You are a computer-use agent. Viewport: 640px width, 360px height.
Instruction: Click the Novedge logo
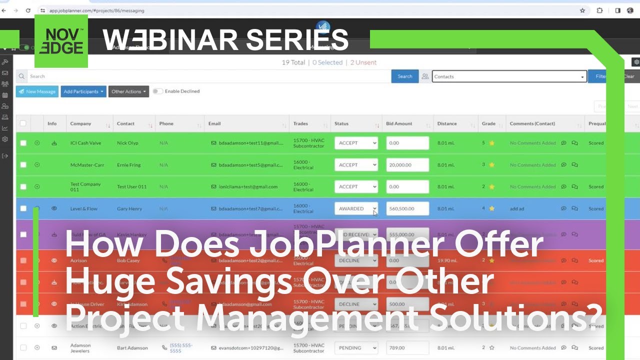click(x=61, y=41)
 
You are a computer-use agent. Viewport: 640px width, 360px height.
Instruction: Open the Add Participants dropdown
click(x=83, y=91)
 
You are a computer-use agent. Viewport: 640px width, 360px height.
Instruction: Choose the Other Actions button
click(x=128, y=91)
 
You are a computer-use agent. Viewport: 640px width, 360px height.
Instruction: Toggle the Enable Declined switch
click(x=157, y=91)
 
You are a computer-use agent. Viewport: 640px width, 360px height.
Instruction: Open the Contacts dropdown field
click(x=509, y=76)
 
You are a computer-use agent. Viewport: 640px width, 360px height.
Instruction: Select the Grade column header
click(x=488, y=123)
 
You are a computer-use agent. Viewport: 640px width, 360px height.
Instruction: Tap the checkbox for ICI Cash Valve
click(x=23, y=143)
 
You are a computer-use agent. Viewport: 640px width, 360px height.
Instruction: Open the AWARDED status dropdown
click(x=356, y=209)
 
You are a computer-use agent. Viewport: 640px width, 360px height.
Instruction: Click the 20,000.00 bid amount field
click(x=407, y=165)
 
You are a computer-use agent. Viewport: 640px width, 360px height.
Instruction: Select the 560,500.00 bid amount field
click(x=407, y=209)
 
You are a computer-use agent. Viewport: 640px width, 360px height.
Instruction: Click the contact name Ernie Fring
click(x=129, y=165)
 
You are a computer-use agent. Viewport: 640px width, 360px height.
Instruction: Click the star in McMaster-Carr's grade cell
click(x=491, y=165)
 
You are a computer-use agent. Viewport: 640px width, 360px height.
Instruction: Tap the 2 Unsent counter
click(x=363, y=62)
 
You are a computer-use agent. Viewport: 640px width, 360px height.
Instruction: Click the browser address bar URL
click(x=100, y=10)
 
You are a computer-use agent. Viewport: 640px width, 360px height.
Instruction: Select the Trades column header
click(x=300, y=123)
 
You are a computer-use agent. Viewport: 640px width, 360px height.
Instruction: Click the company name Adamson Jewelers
click(x=80, y=348)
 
